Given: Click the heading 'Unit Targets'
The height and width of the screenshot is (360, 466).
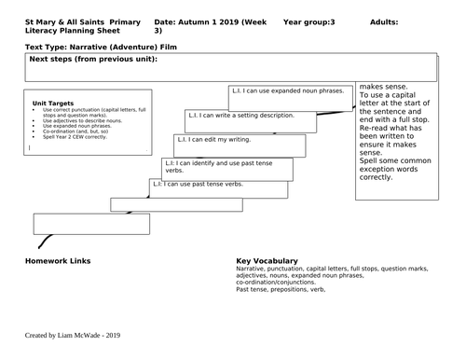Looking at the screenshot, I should coord(52,104).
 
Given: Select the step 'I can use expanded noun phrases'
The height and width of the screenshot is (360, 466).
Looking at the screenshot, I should coord(288,91).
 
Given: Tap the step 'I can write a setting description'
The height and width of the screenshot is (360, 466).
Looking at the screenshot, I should coord(239,117).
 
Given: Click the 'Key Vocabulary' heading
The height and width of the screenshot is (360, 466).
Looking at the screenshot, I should coord(267,260).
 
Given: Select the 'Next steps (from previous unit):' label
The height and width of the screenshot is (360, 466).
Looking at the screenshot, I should coord(93,60).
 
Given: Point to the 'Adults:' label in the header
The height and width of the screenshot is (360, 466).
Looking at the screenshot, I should coord(385,20).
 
